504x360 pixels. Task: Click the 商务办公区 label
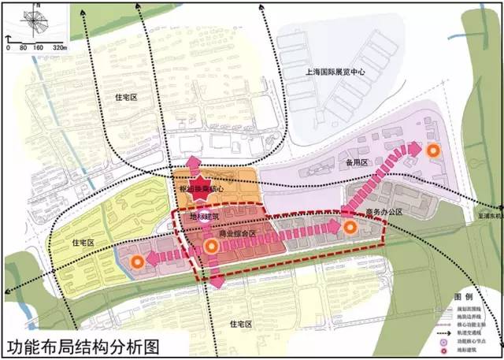click(x=384, y=213)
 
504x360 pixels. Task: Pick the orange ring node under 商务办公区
click(x=350, y=227)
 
